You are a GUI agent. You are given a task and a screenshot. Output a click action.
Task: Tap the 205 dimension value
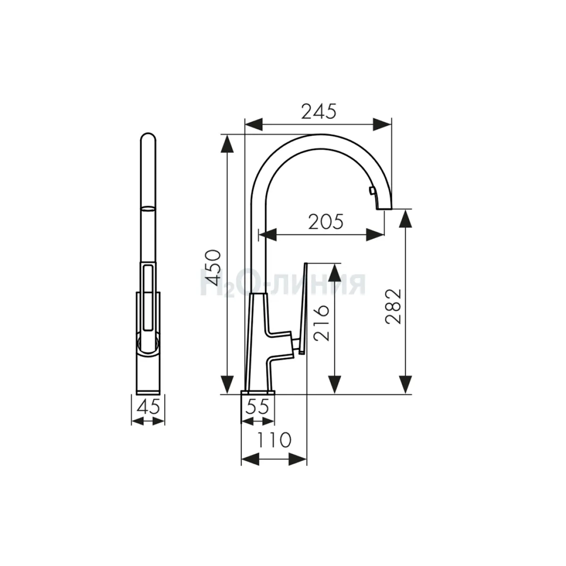pyautogui.click(x=325, y=222)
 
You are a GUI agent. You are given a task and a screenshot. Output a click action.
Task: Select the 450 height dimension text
pyautogui.click(x=214, y=268)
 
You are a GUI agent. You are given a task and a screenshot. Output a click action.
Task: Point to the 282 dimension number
pyautogui.click(x=393, y=307)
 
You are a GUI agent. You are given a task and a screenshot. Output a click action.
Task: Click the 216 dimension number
pyautogui.click(x=321, y=324)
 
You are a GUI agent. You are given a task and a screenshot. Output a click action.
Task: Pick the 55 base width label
pyautogui.click(x=257, y=407)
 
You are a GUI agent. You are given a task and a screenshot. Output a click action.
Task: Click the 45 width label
pyautogui.click(x=148, y=407)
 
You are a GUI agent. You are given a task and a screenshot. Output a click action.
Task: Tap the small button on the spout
pyautogui.click(x=372, y=191)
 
